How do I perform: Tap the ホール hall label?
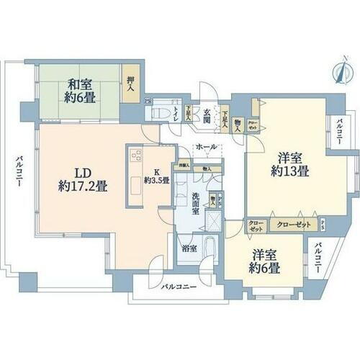tap(207, 148)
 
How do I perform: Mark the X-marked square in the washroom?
tap(215, 220)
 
